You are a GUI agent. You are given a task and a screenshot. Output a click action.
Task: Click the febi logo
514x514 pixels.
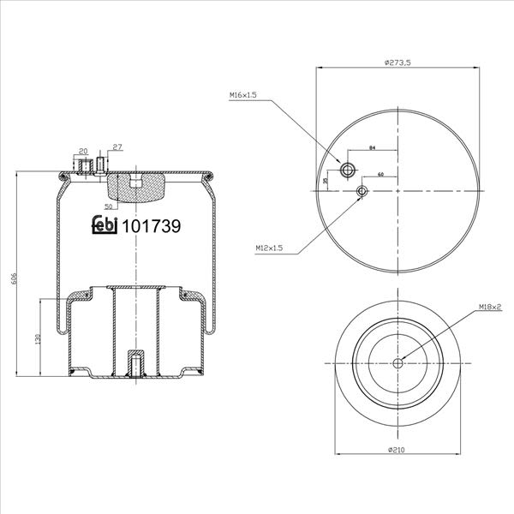[105, 224]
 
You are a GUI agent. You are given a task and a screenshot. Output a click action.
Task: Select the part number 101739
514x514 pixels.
[152, 226]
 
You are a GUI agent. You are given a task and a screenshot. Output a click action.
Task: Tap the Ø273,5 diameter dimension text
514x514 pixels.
[397, 63]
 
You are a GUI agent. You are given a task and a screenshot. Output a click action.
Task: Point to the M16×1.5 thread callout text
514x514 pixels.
[243, 95]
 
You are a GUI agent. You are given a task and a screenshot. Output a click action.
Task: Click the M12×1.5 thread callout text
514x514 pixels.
[269, 248]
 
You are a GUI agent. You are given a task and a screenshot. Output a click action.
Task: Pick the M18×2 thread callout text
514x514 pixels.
[490, 307]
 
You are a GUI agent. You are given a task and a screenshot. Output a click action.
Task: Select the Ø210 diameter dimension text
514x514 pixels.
[397, 450]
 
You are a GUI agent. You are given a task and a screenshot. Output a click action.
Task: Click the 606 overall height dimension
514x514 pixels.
[14, 278]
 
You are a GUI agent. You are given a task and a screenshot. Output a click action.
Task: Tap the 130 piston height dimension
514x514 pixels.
[38, 338]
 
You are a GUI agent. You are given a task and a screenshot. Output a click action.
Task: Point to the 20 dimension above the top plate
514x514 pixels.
[84, 151]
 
